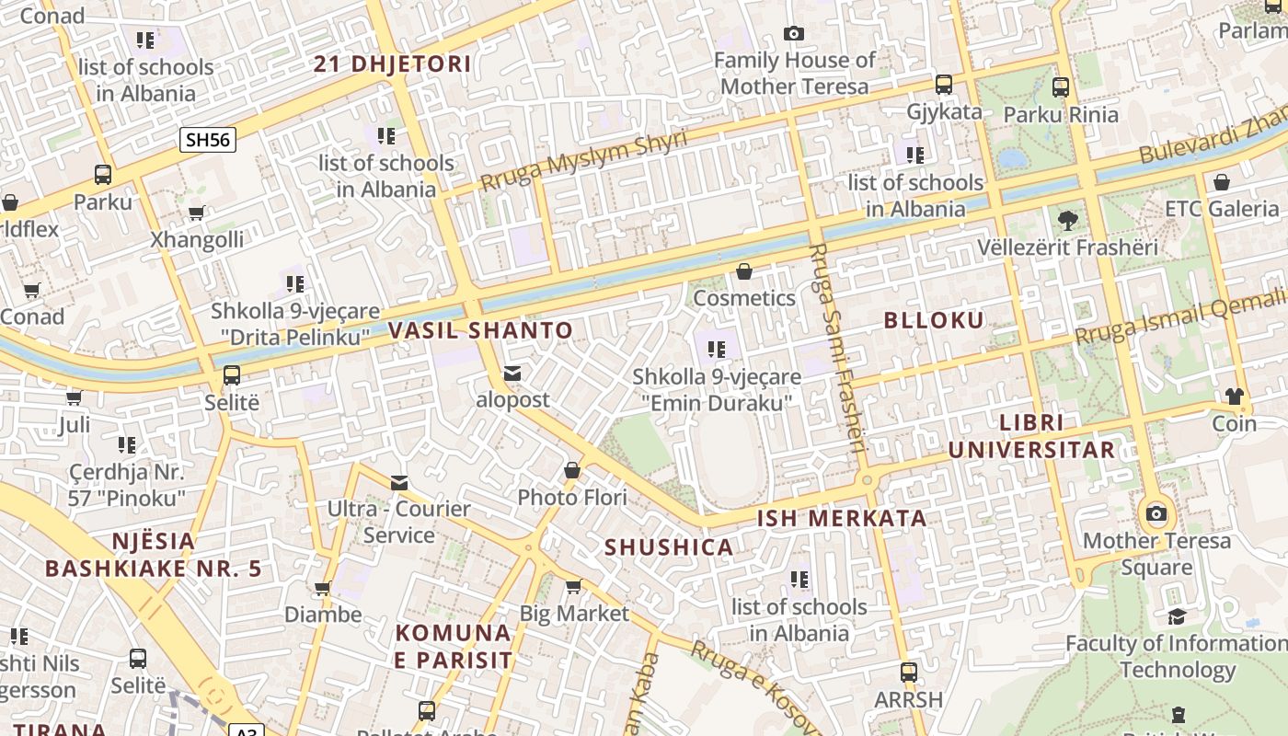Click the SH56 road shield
208,140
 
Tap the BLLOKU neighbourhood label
934,320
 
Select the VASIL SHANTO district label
480,330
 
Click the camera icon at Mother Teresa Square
1156,513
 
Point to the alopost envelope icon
512,374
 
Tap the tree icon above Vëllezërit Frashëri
1067,221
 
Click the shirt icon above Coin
1234,397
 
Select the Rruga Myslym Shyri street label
583,160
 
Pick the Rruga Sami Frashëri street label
837,350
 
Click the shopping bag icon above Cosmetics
744,271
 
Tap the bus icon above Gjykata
944,85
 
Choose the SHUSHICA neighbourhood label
669,547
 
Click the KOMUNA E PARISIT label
454,646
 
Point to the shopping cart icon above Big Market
574,586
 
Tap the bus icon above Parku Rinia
1061,87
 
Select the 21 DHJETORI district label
393,64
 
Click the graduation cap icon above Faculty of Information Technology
1177,616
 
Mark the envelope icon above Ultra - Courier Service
399,482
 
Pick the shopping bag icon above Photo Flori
572,471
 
